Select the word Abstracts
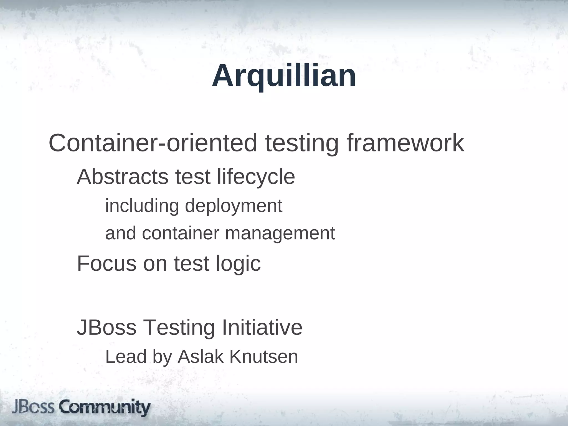pos(122,177)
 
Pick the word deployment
pos(234,206)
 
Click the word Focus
pos(106,263)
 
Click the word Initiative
pos(262,328)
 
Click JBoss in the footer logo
pos(33,408)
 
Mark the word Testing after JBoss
pos(179,328)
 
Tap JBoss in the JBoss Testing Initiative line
pos(106,328)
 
